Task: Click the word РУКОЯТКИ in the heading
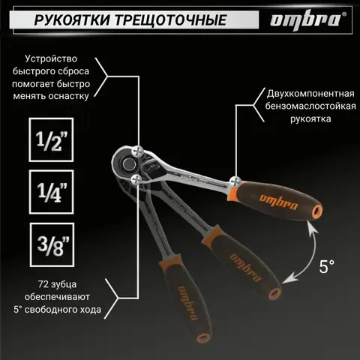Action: (72, 20)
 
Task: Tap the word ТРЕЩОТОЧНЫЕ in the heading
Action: (171, 20)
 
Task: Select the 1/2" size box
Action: (51, 139)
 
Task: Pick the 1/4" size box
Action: (51, 192)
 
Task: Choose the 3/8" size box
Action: (52, 244)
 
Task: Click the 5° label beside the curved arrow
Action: (326, 266)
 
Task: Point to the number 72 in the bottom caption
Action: (43, 284)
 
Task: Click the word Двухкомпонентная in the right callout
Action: (310, 94)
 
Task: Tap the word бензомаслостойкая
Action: (310, 106)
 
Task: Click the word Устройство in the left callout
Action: (51, 58)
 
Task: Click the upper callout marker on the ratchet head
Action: (138, 151)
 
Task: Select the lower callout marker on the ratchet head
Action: (136, 180)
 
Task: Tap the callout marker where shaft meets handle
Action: (235, 181)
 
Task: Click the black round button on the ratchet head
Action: (129, 164)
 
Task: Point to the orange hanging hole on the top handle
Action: (317, 211)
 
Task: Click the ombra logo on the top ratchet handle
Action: (278, 202)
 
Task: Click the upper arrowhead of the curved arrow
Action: (312, 228)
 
